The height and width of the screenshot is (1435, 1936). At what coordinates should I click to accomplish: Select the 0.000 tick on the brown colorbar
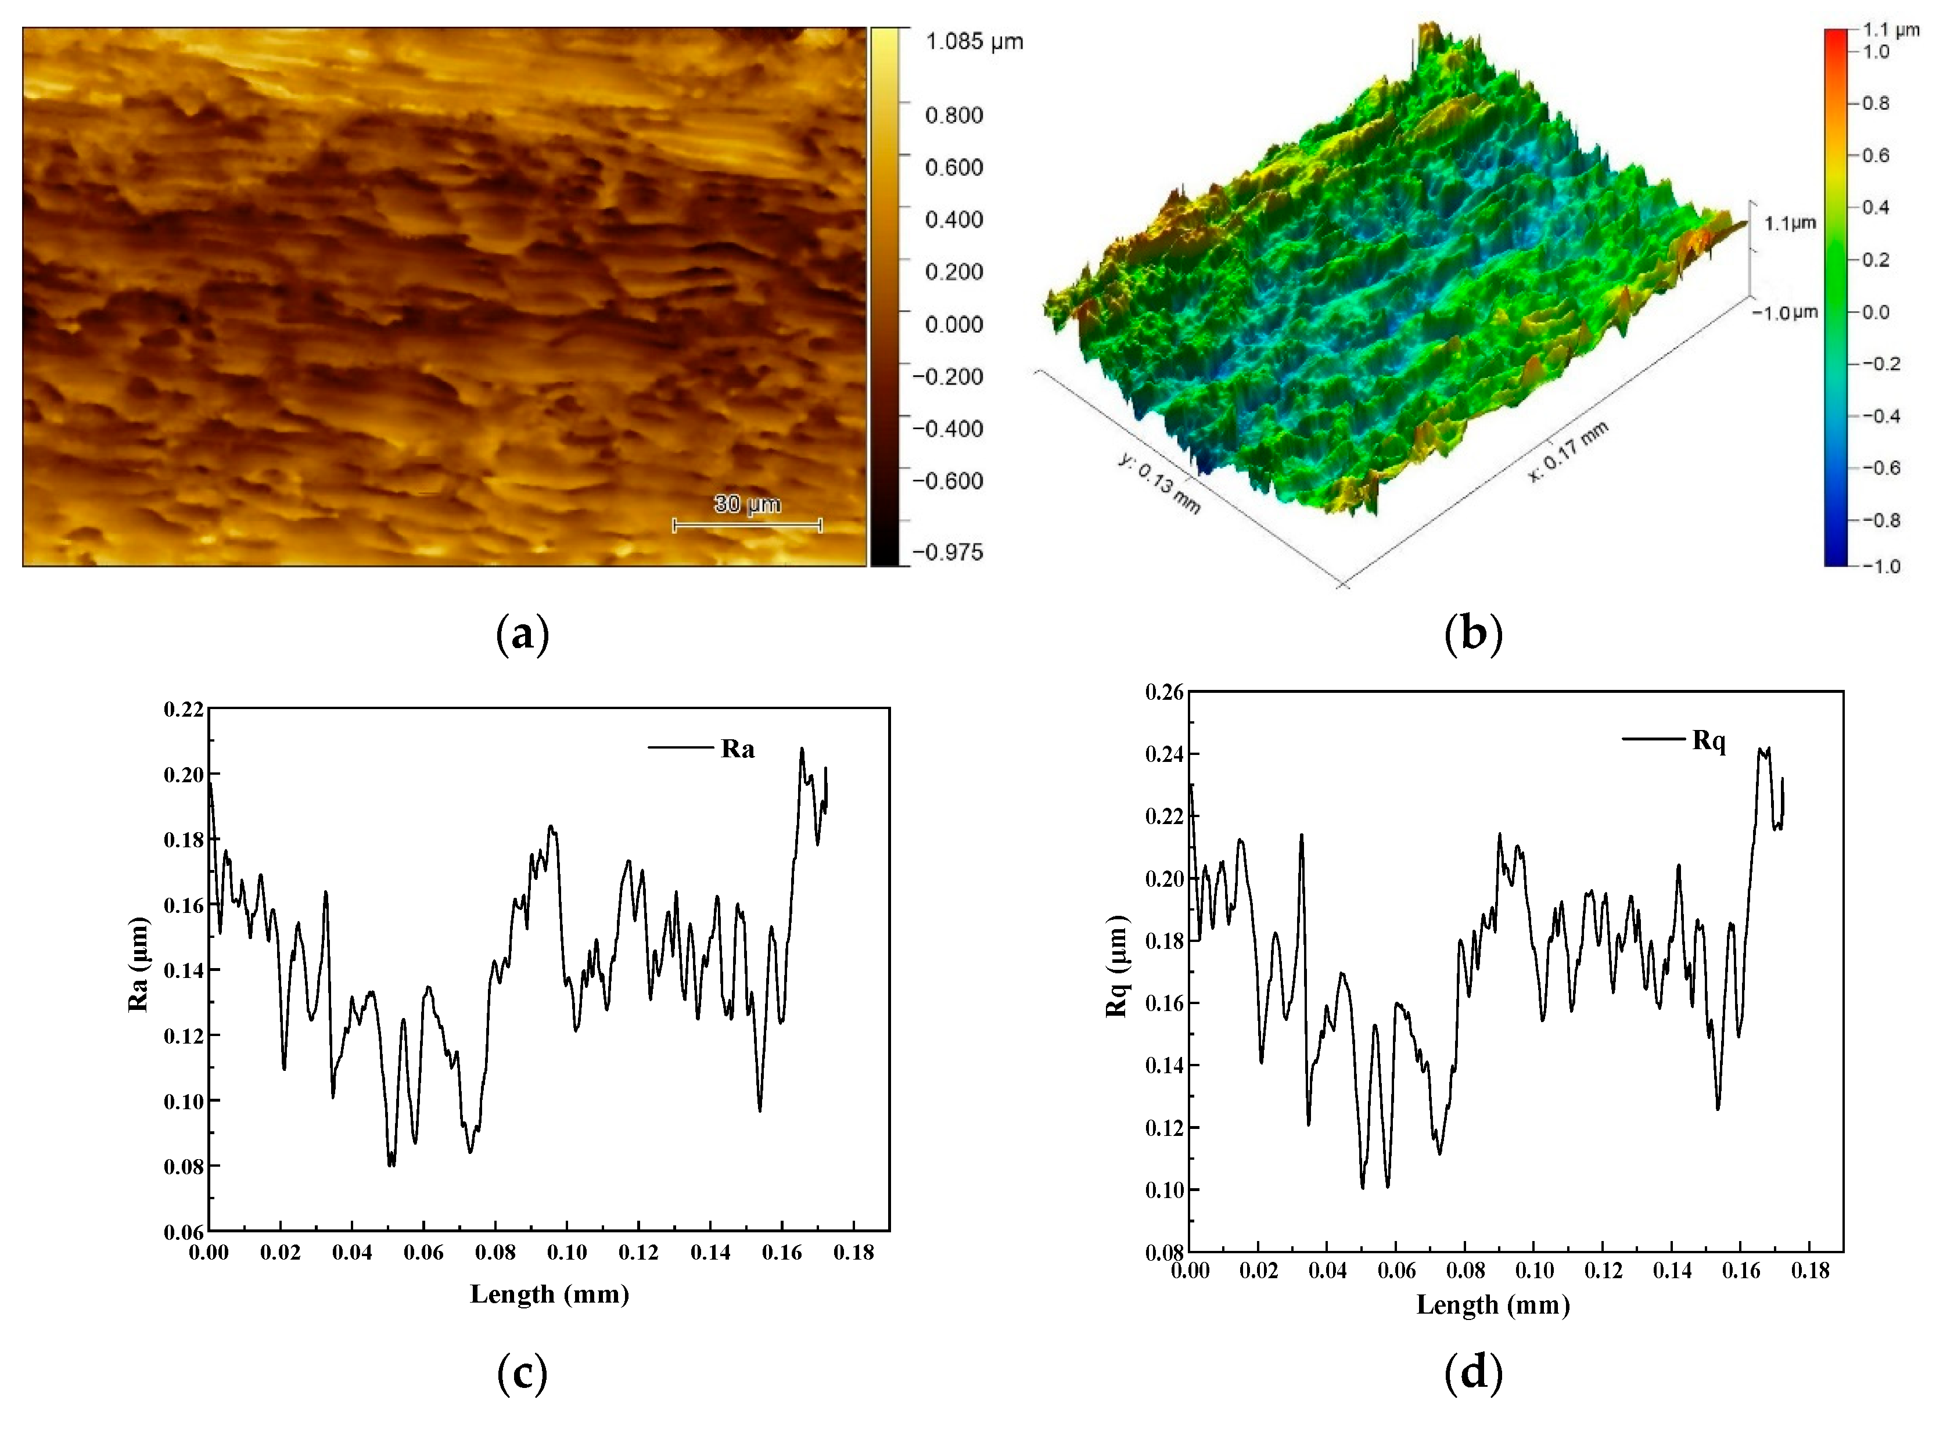click(x=953, y=325)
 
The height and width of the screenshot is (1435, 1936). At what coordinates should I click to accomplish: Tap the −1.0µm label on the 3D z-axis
click(x=1784, y=312)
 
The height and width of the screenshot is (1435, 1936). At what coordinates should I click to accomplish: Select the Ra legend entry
click(x=737, y=749)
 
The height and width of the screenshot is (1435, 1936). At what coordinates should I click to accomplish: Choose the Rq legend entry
click(x=1708, y=741)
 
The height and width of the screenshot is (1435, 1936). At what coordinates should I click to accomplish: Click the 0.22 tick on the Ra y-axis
click(x=184, y=710)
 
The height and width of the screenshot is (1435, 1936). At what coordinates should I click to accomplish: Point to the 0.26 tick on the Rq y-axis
click(x=1165, y=692)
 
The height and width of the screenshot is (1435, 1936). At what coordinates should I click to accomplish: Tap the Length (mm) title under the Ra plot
click(x=549, y=1294)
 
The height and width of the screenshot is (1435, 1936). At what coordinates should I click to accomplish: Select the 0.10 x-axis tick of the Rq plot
click(x=1535, y=1270)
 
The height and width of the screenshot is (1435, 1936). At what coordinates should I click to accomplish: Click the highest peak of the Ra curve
click(x=801, y=748)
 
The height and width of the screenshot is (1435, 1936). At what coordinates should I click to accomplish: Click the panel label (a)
click(x=522, y=635)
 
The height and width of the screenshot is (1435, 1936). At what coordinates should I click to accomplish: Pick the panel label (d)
click(x=1473, y=1373)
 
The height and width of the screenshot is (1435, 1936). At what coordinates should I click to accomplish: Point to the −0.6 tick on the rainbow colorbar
click(x=1875, y=468)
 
